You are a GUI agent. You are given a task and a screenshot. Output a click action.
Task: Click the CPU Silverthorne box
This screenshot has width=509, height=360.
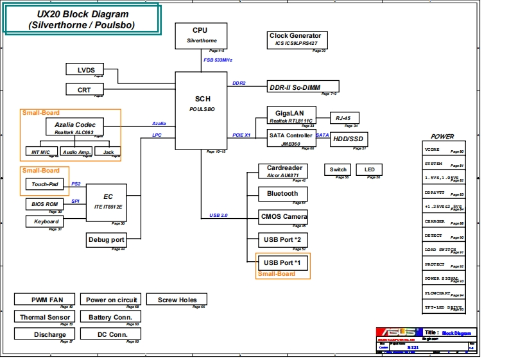(200, 35)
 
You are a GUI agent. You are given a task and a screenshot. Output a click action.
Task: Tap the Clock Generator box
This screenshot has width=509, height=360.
(295, 40)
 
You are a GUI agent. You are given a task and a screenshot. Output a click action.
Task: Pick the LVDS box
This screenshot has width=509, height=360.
(85, 70)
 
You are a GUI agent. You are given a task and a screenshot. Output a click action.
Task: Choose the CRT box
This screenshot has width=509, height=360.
(85, 90)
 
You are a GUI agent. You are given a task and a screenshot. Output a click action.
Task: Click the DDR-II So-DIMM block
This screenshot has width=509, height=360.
(302, 87)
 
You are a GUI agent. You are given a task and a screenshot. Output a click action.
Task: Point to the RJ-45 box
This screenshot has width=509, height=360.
(344, 118)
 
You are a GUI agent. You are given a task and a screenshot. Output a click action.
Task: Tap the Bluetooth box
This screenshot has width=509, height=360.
(282, 193)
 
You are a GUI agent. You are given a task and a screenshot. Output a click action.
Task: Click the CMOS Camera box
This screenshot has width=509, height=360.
(282, 216)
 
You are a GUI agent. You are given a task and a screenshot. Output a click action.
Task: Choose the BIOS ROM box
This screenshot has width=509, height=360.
(44, 204)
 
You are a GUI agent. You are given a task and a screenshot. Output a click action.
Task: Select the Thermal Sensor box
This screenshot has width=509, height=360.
(46, 316)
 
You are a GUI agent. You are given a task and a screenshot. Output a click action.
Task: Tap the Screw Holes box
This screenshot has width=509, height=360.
(177, 300)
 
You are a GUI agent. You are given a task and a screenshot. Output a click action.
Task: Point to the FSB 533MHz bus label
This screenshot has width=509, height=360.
(218, 60)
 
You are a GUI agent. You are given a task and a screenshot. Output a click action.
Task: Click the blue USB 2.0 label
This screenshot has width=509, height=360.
(218, 215)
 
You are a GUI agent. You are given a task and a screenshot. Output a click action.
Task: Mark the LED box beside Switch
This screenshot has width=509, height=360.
(369, 169)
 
